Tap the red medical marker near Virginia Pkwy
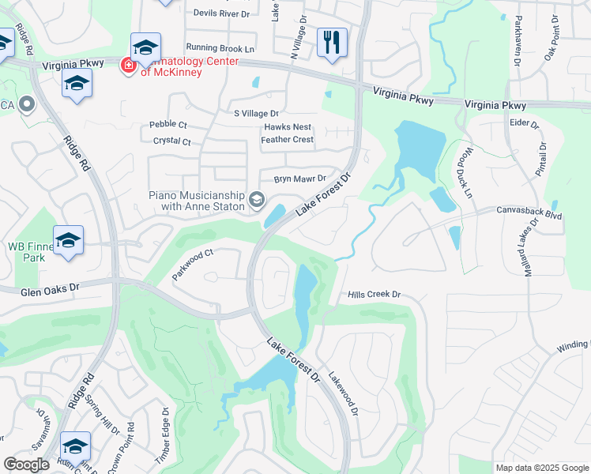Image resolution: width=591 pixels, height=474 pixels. click(126, 66)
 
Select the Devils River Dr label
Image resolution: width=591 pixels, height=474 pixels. click(221, 13)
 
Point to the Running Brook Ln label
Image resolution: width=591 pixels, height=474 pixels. click(220, 48)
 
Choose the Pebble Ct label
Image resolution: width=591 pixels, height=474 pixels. click(168, 125)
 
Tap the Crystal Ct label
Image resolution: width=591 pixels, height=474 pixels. click(172, 141)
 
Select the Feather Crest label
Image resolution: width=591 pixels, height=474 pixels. click(287, 140)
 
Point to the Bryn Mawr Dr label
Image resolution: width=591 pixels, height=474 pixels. click(299, 179)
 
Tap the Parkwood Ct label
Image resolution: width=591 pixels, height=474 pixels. click(193, 265)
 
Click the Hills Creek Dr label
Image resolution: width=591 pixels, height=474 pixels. click(375, 295)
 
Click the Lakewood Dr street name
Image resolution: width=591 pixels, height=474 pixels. click(344, 394)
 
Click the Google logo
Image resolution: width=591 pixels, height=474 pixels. click(27, 465)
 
